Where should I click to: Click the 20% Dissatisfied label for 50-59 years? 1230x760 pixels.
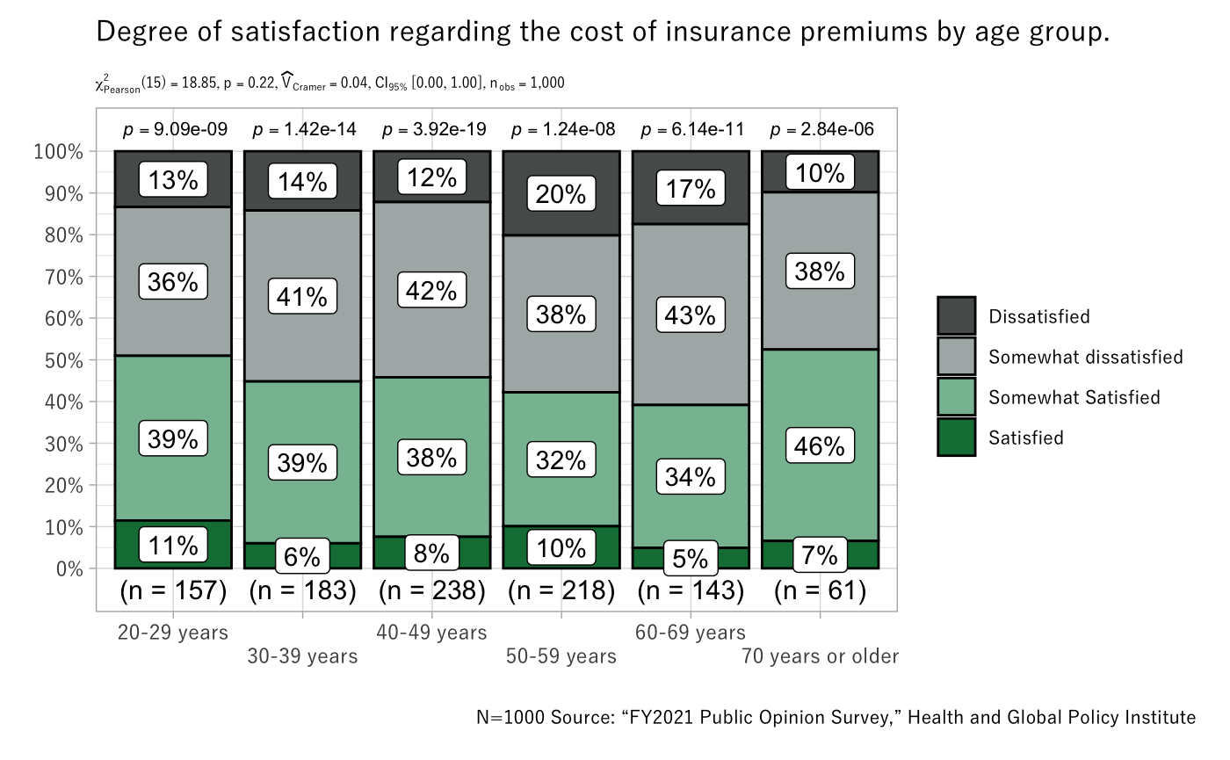(561, 193)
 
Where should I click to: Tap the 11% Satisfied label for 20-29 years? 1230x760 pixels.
(173, 546)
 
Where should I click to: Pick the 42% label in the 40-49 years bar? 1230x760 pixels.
(431, 290)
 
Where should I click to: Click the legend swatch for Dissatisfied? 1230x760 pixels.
(957, 315)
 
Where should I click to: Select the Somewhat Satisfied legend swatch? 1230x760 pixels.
(957, 397)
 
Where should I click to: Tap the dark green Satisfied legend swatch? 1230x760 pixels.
(957, 438)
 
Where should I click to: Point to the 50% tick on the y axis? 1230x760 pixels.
(63, 360)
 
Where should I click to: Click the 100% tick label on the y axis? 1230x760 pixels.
(59, 152)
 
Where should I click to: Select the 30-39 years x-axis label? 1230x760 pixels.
(302, 656)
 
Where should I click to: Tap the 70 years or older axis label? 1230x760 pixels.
(820, 656)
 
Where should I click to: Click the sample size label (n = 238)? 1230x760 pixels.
(431, 591)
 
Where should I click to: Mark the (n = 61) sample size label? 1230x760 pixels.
(821, 591)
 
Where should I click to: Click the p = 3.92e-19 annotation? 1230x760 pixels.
(431, 130)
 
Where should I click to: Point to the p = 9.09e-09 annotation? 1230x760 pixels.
(174, 130)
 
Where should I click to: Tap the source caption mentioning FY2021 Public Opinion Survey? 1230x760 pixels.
(835, 717)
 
